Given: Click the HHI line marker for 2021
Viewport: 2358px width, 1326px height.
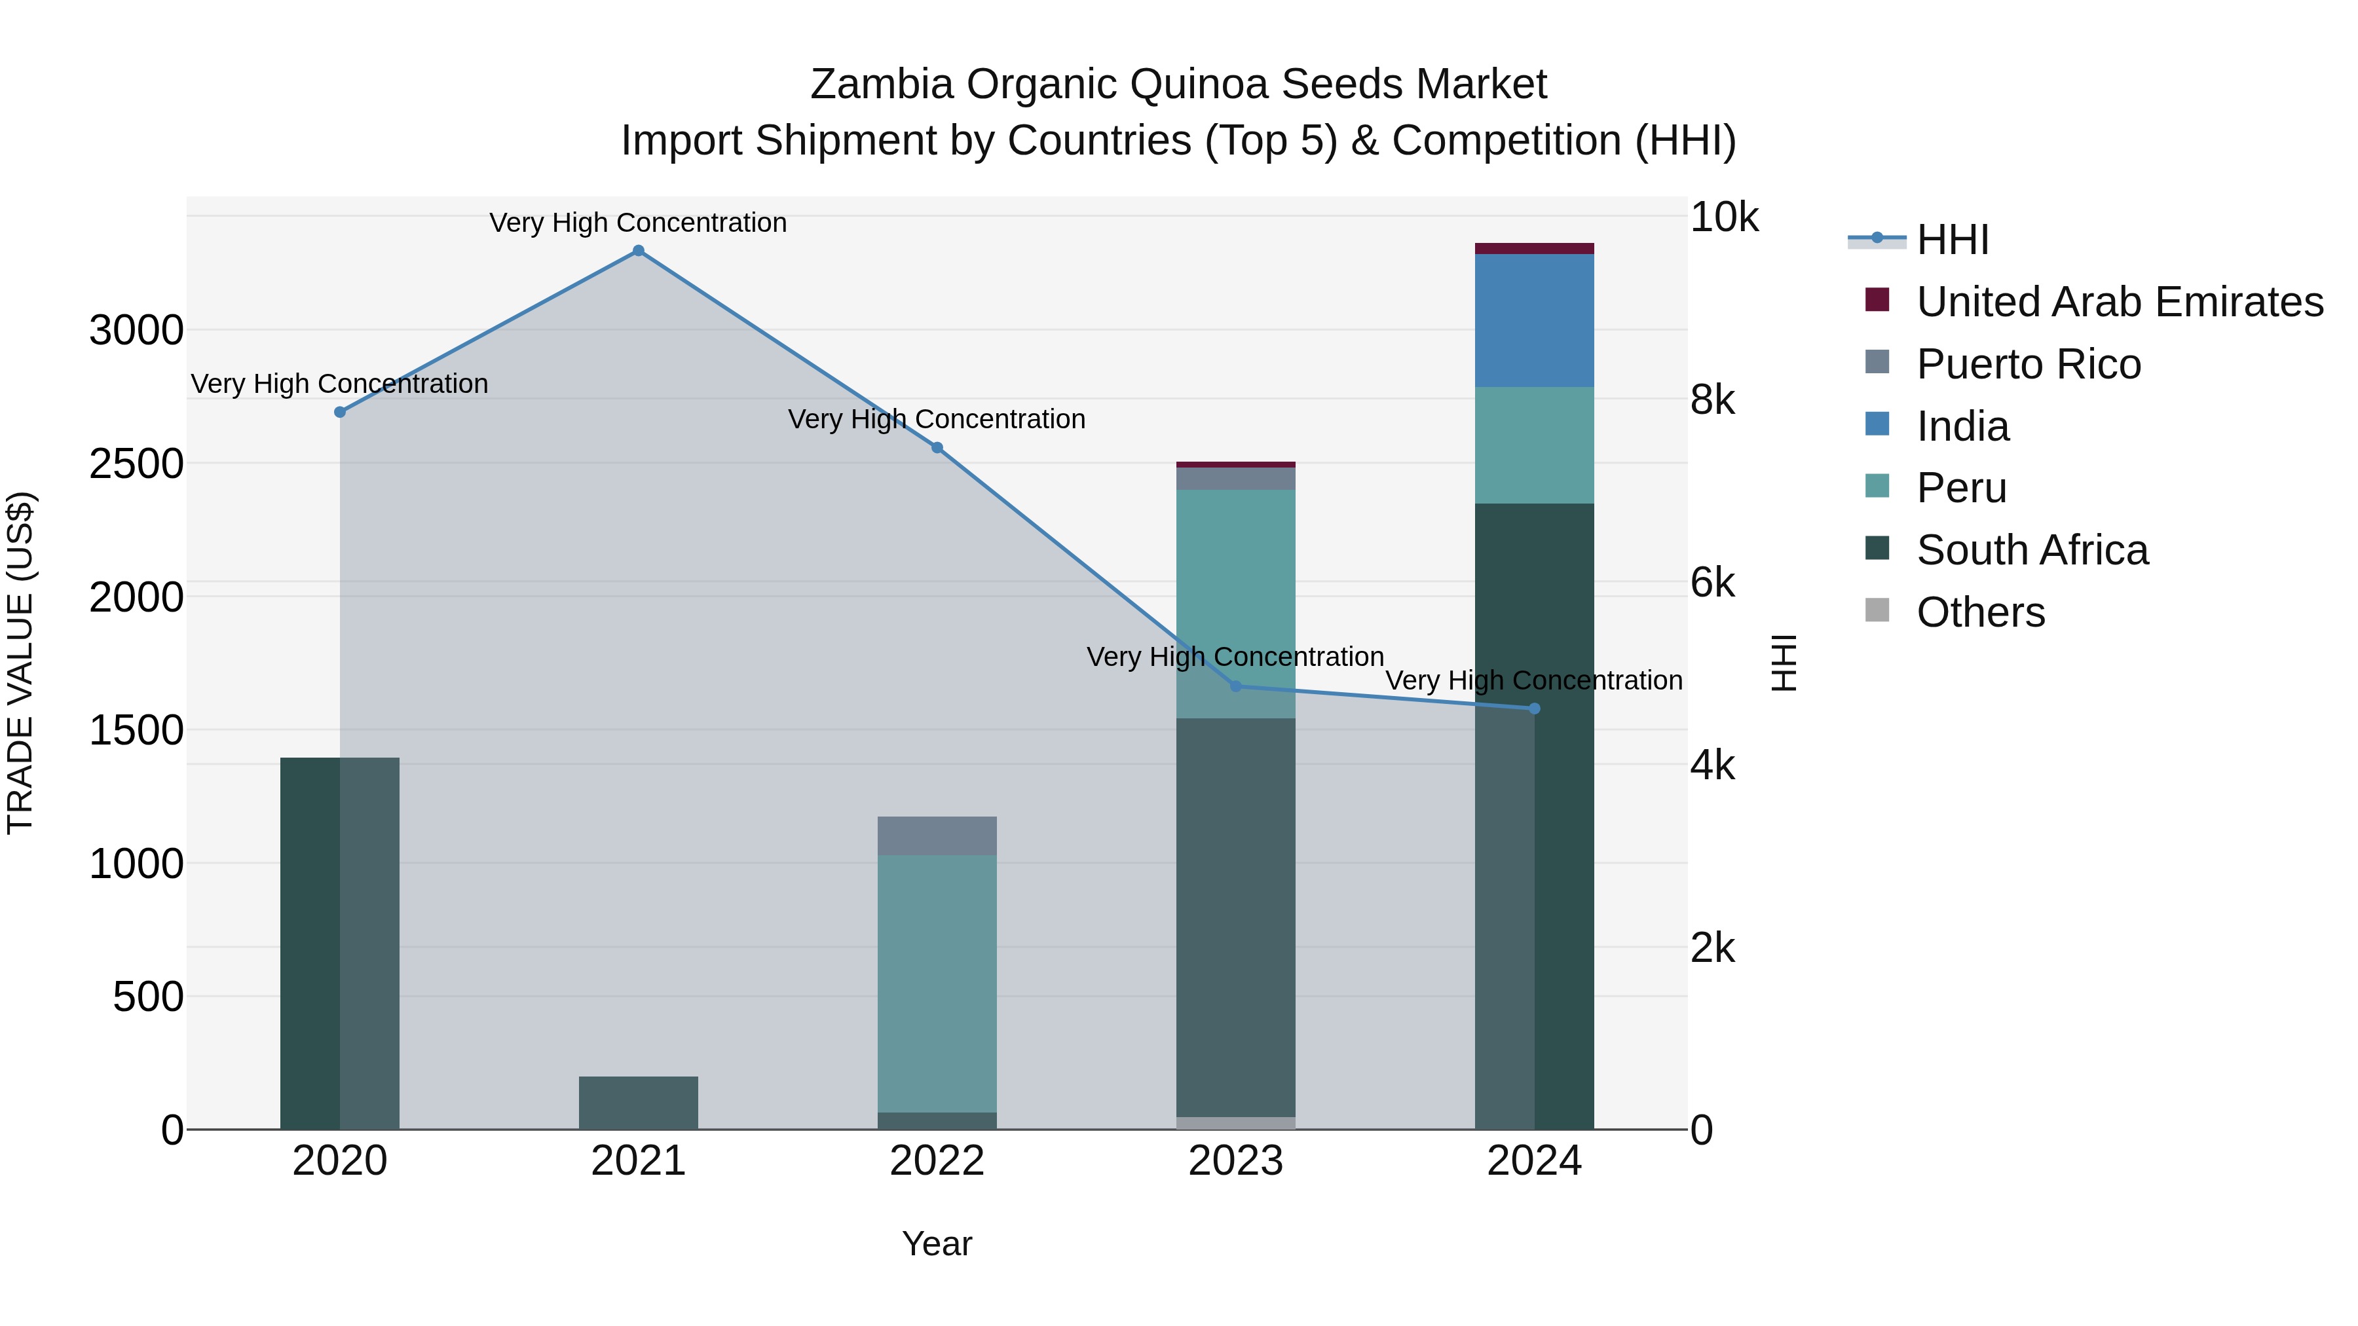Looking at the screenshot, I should coord(639,251).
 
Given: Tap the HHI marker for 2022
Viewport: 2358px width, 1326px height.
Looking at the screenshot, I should coord(937,447).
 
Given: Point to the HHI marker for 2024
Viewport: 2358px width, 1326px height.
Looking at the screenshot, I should coord(1535,709).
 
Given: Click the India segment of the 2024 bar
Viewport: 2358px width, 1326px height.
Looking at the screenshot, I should coord(1535,320).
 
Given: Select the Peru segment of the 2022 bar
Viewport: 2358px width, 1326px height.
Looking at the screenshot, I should coord(937,984).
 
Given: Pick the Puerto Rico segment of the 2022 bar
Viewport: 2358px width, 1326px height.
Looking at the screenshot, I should coord(937,836).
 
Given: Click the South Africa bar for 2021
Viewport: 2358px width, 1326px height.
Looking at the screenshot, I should coord(639,1103).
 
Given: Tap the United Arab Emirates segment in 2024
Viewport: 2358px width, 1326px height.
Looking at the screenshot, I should coord(1535,248).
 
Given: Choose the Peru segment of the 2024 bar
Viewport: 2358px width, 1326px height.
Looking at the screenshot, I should coord(1535,445).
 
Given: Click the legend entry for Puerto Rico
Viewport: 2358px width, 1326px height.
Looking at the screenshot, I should coord(2029,364).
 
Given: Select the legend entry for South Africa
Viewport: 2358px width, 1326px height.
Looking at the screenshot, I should coord(2032,550).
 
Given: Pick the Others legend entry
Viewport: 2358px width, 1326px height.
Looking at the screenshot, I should coord(1980,612).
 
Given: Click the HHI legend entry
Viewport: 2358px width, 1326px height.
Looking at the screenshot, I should coord(1952,240).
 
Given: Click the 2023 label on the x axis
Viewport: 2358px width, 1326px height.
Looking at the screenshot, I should coord(1236,1161).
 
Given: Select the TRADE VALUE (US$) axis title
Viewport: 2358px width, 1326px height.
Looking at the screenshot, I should coord(20,663).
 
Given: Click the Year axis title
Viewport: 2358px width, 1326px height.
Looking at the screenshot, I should coord(937,1243).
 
